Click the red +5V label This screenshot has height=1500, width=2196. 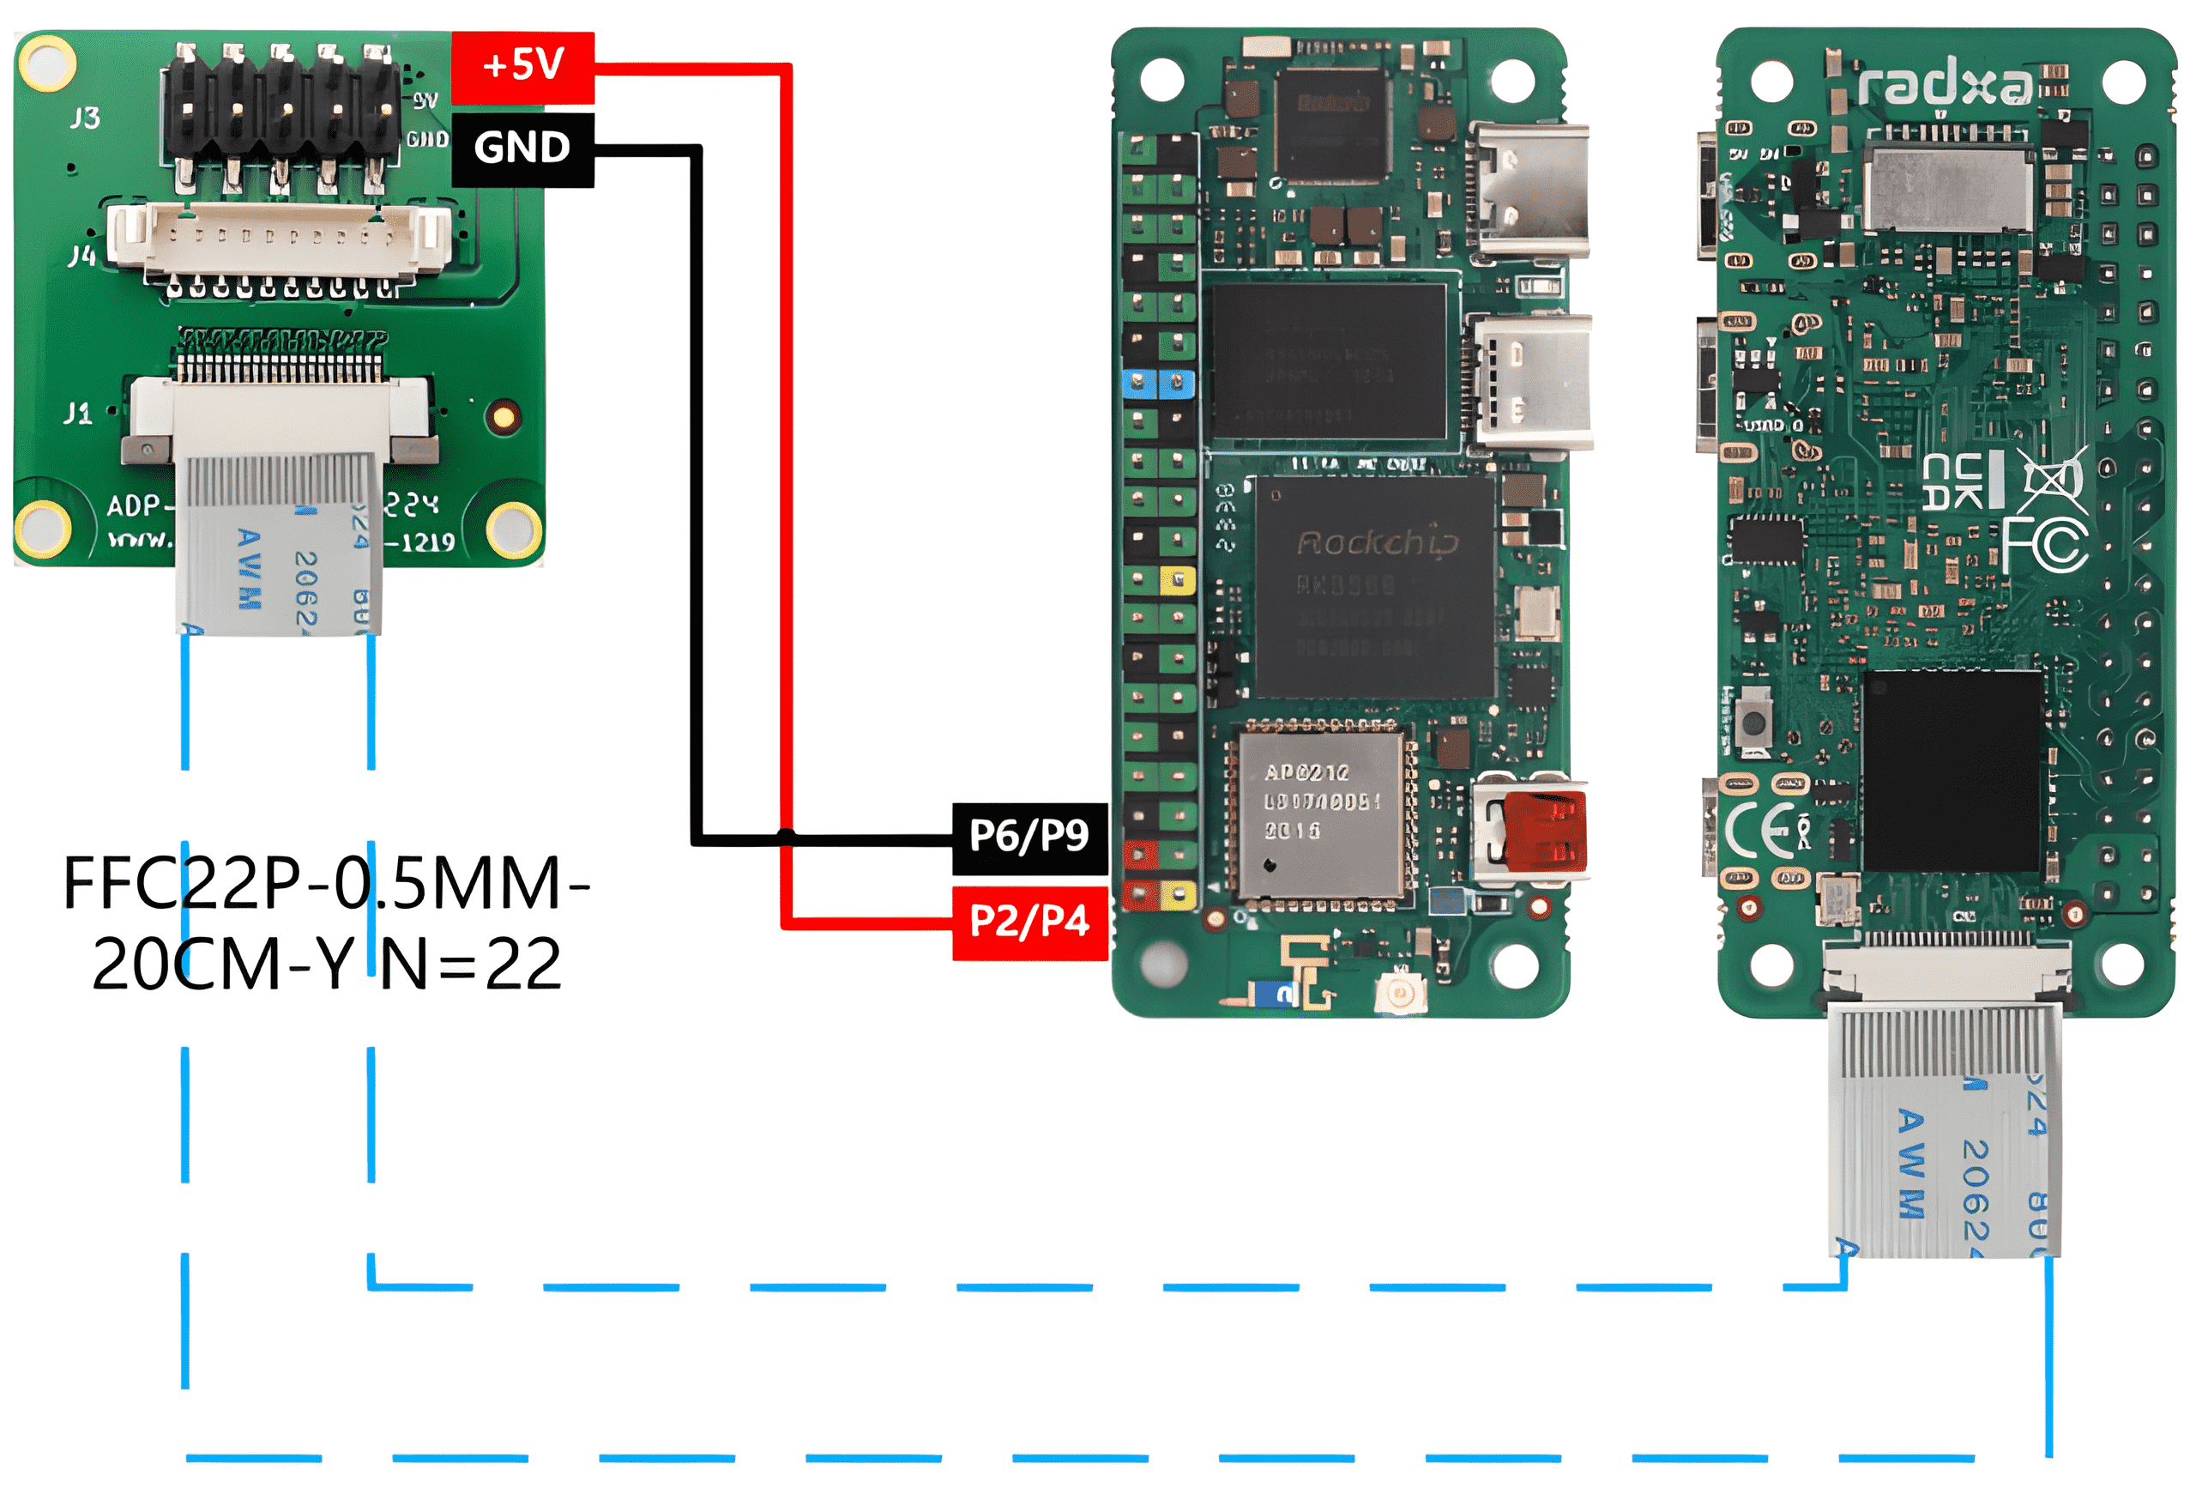coord(522,66)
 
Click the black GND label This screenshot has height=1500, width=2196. coord(522,148)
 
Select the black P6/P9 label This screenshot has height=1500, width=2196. coord(1029,837)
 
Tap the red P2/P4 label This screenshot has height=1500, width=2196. coord(1029,922)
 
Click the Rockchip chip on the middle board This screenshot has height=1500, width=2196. coord(1375,586)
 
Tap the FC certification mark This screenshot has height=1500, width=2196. coord(2046,546)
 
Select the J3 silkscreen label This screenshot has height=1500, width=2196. coord(85,118)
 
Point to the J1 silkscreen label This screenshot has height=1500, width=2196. coord(77,414)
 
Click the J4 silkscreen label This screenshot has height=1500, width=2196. coord(82,255)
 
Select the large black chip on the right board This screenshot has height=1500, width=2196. coord(1953,771)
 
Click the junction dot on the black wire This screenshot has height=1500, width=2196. coord(785,836)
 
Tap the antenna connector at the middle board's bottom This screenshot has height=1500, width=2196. coord(1399,994)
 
